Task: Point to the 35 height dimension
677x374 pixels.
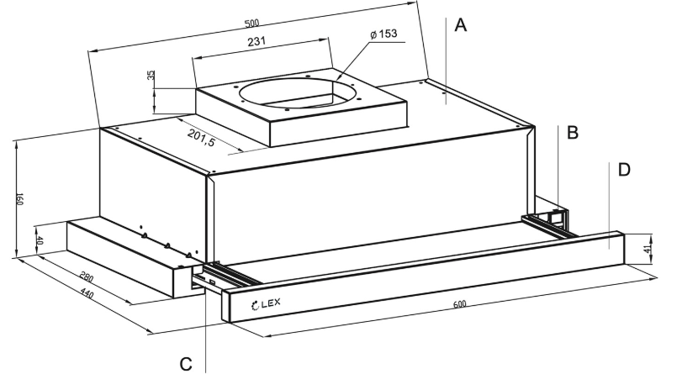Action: click(x=151, y=76)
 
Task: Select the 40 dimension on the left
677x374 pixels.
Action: click(x=40, y=240)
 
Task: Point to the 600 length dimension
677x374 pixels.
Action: click(x=458, y=303)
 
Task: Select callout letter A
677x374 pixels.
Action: click(x=459, y=25)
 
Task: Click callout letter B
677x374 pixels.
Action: click(x=572, y=132)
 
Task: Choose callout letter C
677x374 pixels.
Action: click(x=187, y=362)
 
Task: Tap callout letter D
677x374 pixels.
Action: click(x=623, y=170)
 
